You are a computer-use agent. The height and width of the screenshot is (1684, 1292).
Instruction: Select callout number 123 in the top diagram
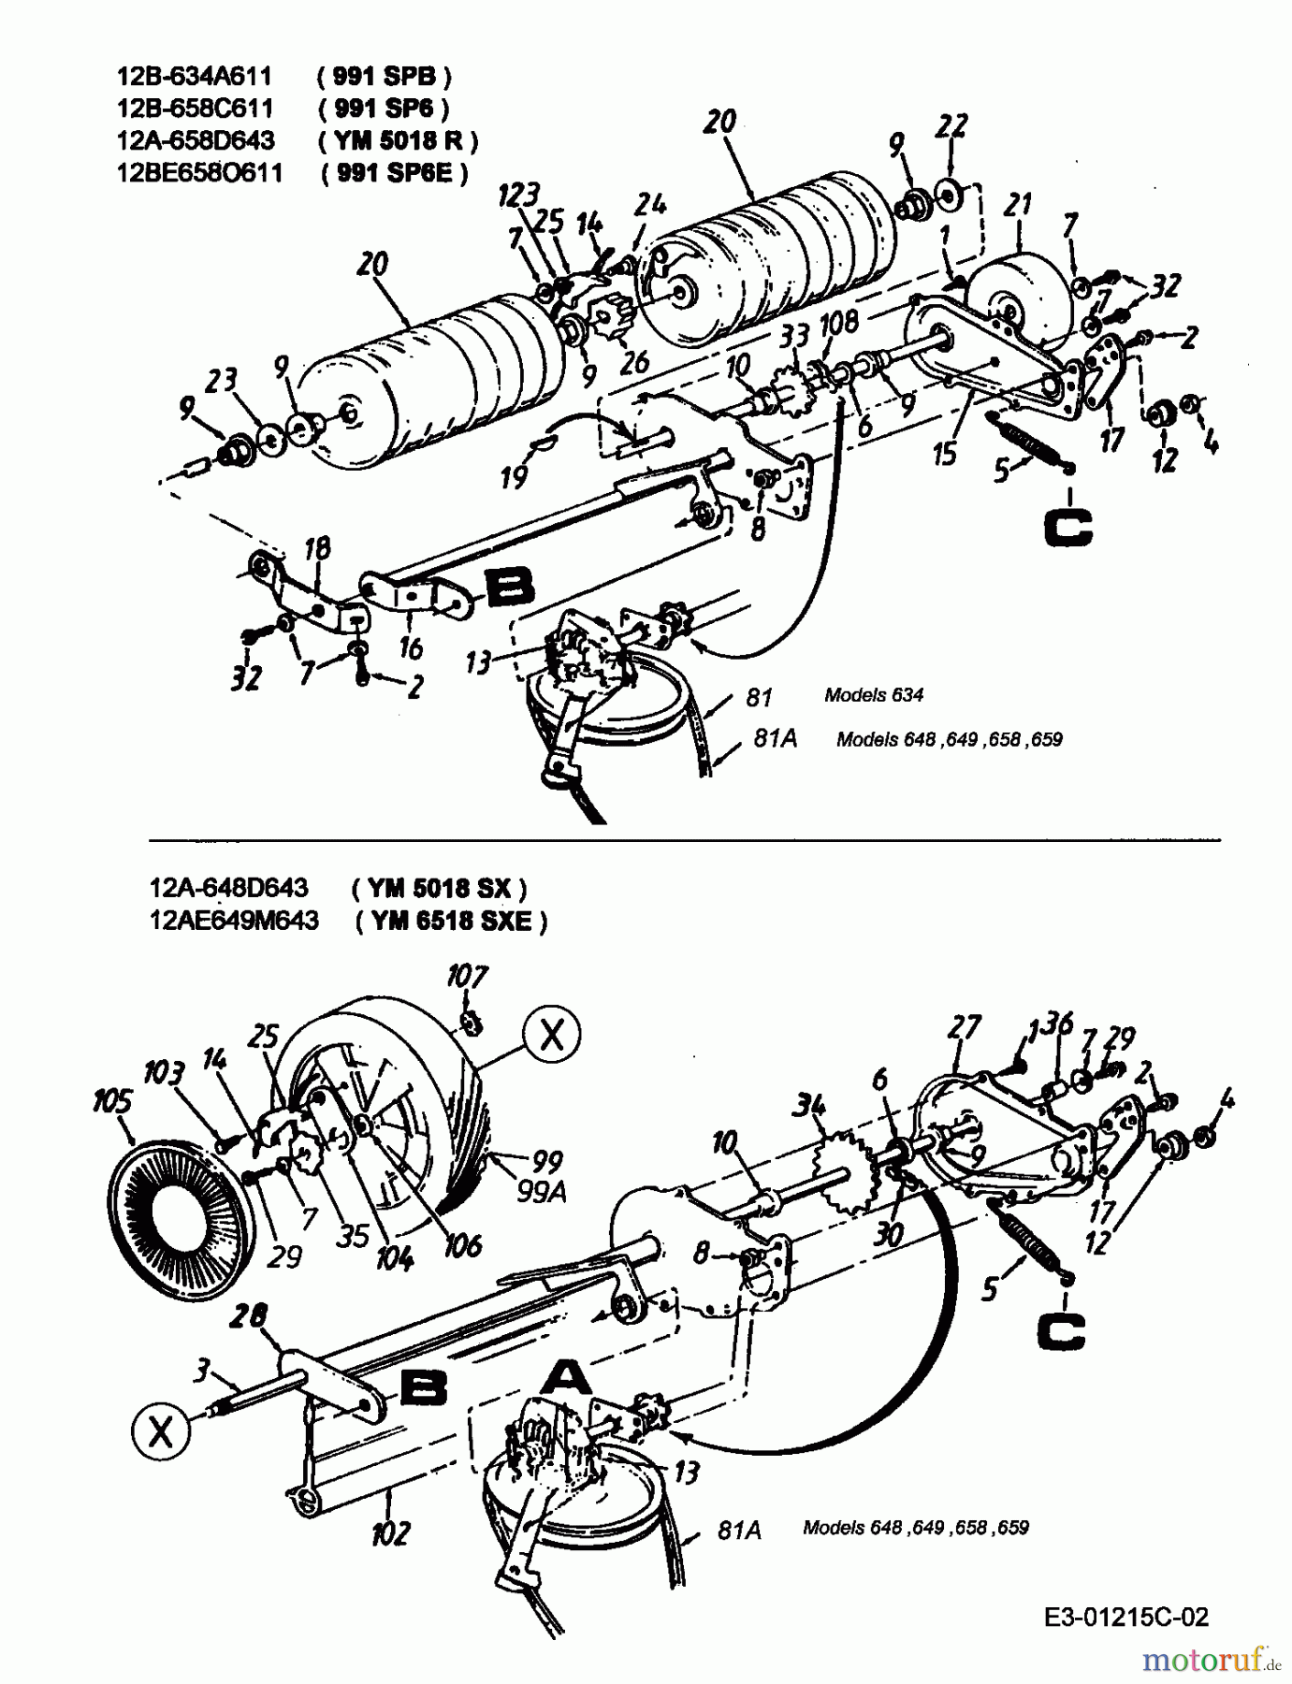pos(518,195)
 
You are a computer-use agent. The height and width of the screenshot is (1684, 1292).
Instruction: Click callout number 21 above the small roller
pos(1018,205)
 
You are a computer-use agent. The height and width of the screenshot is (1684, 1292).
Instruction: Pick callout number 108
pos(838,323)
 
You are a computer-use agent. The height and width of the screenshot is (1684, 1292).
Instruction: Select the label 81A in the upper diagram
pos(776,738)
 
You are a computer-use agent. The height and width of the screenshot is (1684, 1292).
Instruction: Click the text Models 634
pos(873,695)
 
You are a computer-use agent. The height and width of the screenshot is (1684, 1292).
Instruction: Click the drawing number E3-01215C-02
pos(1127,1617)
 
